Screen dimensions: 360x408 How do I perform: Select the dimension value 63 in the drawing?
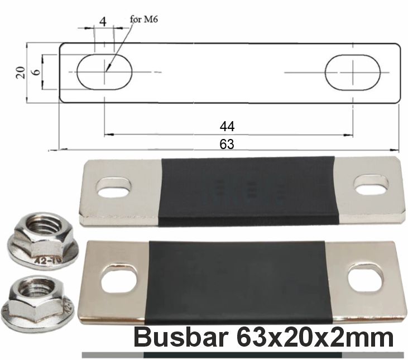pos(227,143)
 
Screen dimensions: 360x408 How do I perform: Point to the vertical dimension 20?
pos(21,72)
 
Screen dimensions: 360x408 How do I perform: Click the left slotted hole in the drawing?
pos(105,72)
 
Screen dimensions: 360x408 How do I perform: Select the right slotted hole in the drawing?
pos(353,72)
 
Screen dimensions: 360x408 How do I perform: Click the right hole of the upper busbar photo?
pos(371,185)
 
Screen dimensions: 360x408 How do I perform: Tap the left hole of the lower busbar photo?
pos(119,279)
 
